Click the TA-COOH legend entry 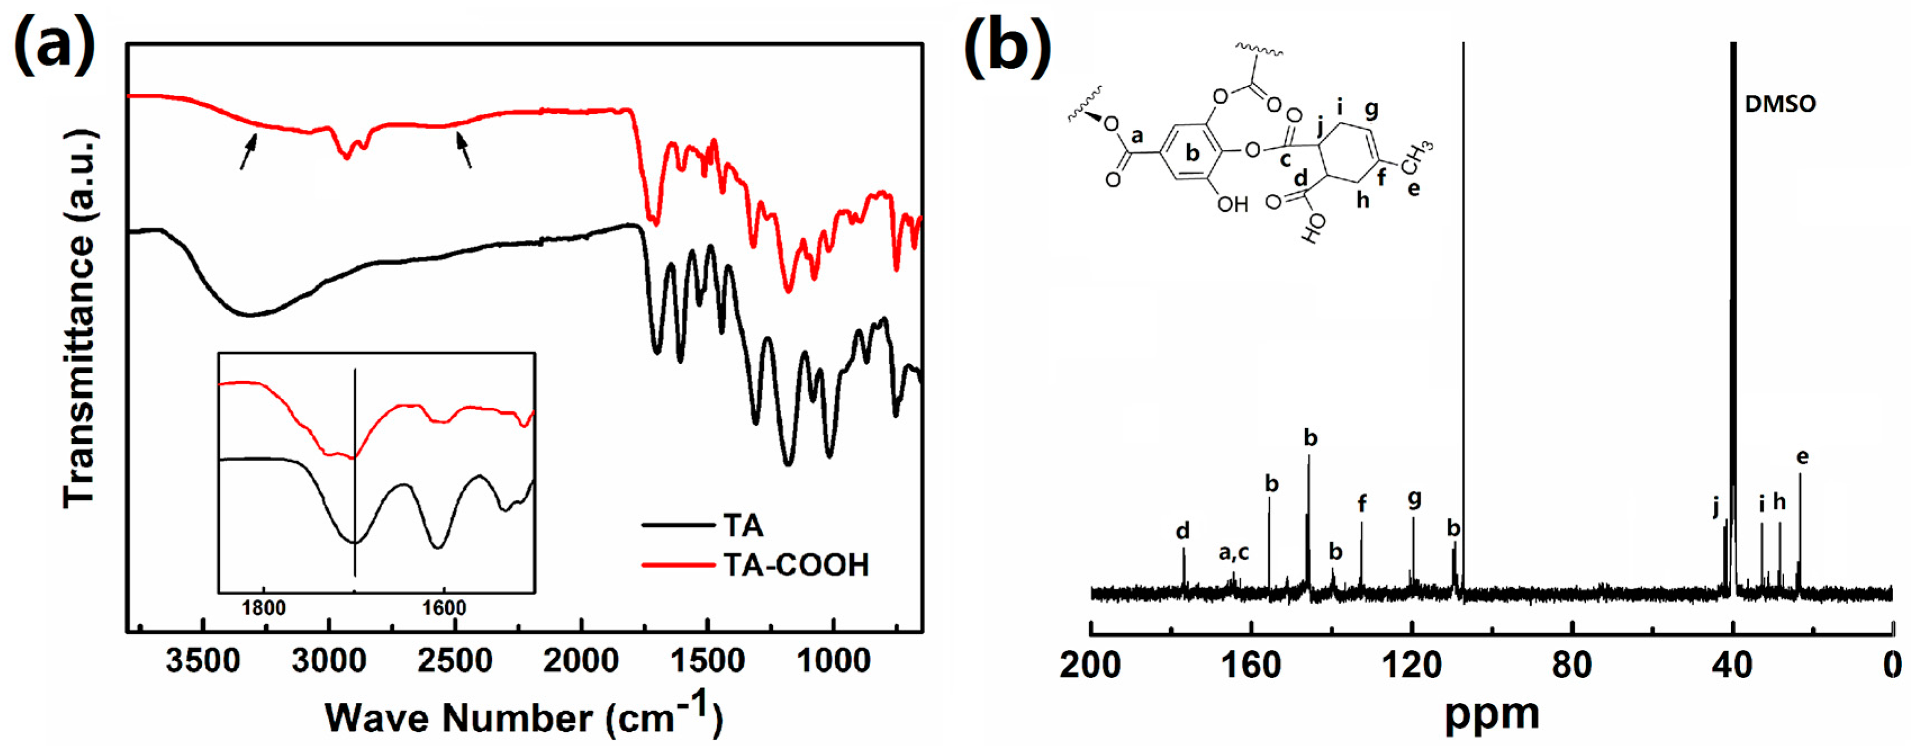tap(795, 565)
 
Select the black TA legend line tap(678, 525)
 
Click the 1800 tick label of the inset tap(264, 608)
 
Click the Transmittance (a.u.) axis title tap(79, 319)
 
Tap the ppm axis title tap(1491, 713)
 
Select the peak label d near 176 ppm tap(1183, 530)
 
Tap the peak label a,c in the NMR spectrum tap(1234, 553)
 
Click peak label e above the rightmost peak tap(1802, 457)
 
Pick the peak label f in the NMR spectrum tap(1361, 504)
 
